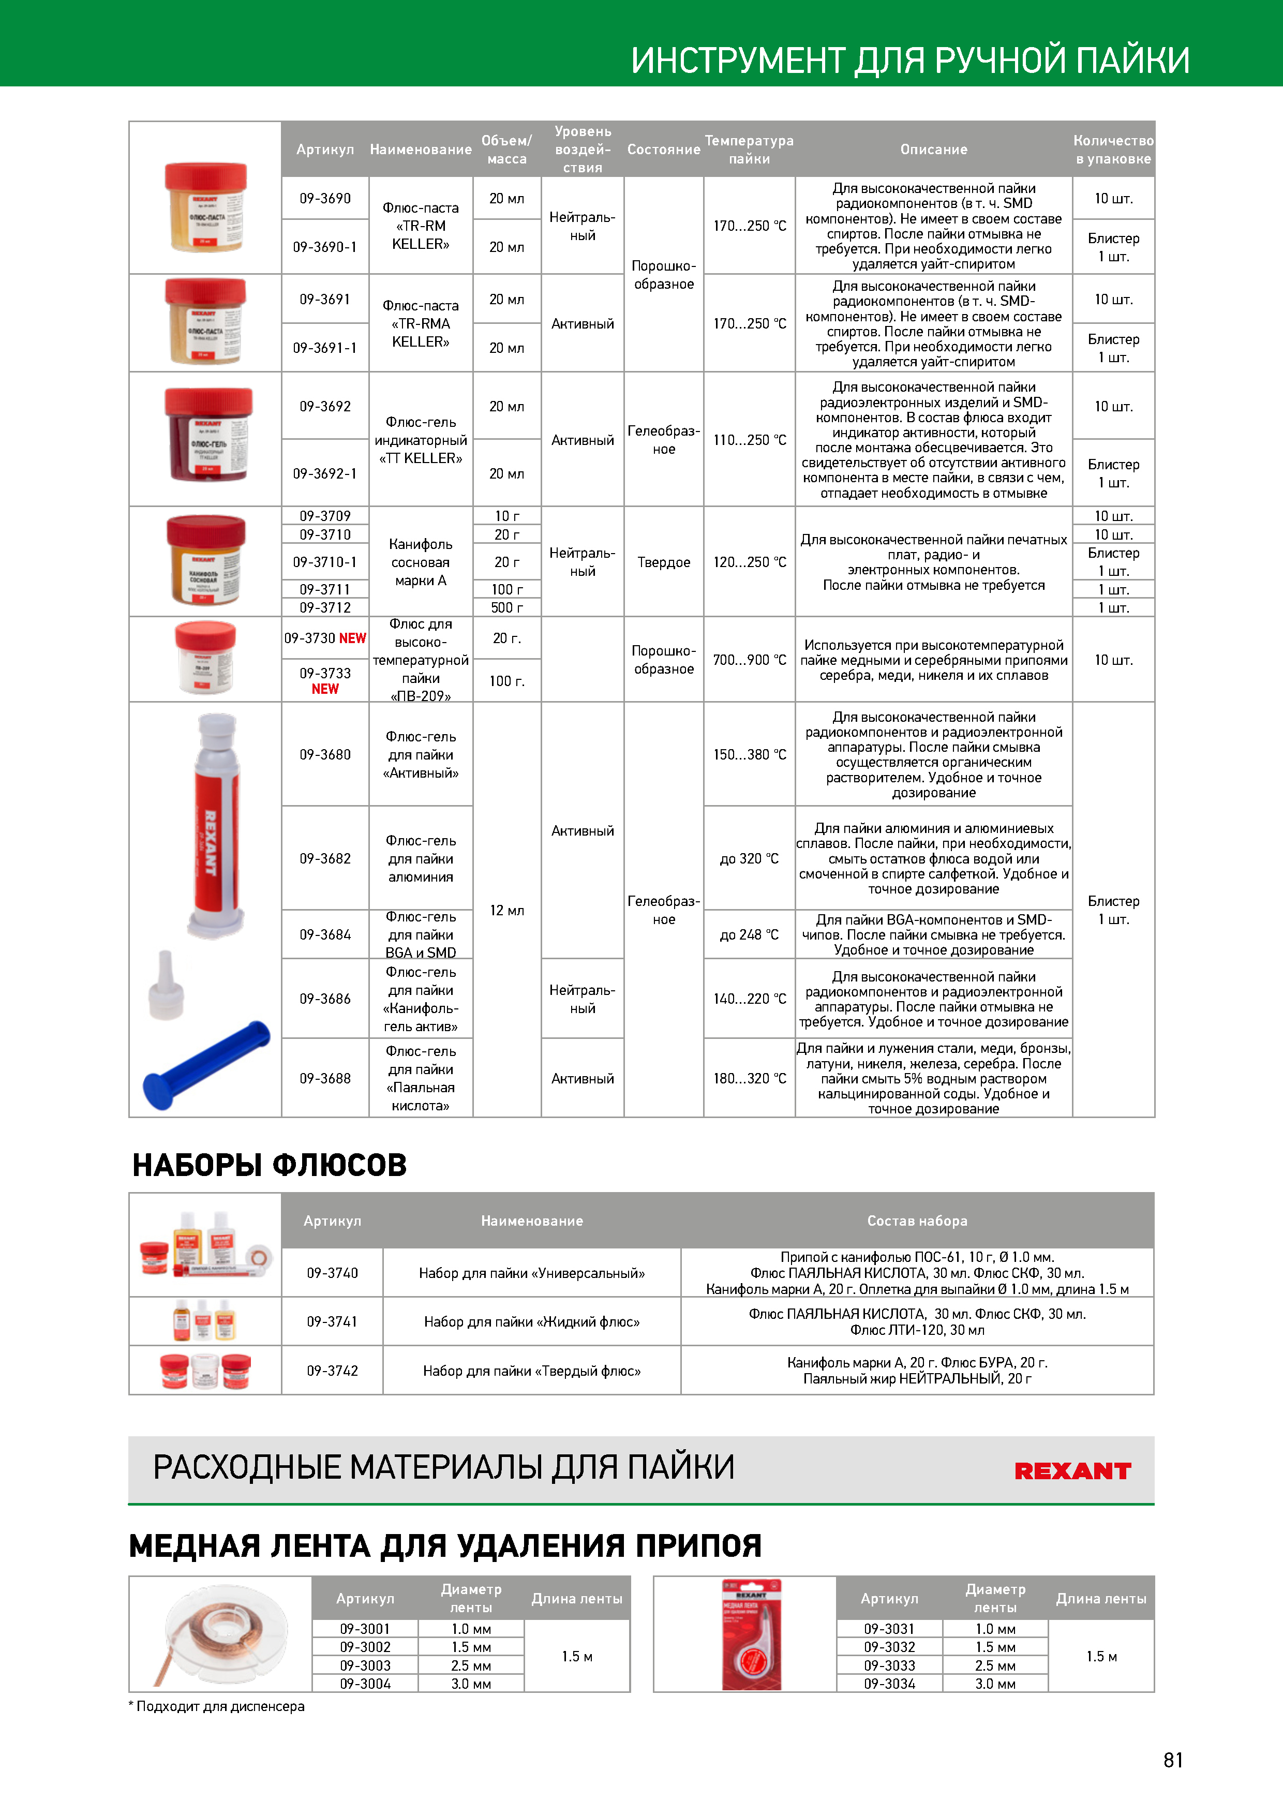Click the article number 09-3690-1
click(325, 247)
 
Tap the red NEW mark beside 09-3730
click(353, 638)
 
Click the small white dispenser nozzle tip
click(166, 984)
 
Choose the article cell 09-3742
click(332, 1371)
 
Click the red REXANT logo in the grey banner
click(1073, 1471)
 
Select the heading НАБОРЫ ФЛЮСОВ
click(269, 1165)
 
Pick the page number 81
click(1173, 1760)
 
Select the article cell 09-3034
click(889, 1684)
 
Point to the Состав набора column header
click(917, 1221)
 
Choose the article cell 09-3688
click(325, 1078)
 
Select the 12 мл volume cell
click(506, 911)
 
